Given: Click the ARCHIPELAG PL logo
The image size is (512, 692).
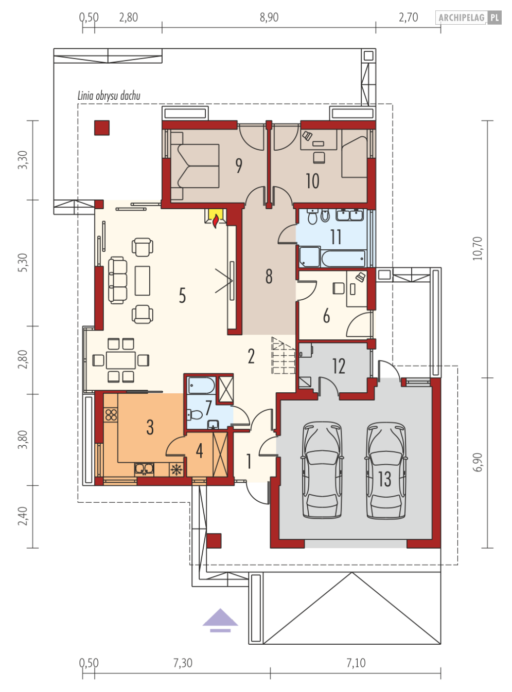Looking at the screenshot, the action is [468, 17].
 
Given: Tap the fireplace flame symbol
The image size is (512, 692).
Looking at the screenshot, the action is [216, 222].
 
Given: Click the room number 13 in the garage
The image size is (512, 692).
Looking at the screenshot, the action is [384, 479].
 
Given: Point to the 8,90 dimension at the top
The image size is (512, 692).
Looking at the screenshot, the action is [269, 17].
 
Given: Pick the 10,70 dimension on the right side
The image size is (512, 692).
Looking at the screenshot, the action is [477, 248].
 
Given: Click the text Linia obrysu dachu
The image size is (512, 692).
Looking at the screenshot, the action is [109, 96].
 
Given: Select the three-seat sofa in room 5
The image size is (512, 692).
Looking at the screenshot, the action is [117, 280].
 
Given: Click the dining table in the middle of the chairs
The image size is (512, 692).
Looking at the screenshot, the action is [121, 360].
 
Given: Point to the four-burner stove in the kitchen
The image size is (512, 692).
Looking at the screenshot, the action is [111, 415].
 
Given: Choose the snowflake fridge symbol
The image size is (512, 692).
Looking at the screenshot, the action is [176, 469].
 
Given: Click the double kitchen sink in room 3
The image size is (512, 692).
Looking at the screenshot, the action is [144, 469].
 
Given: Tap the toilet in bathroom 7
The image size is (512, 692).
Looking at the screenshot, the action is [195, 415].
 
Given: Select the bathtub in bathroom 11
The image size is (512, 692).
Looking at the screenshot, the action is [343, 258].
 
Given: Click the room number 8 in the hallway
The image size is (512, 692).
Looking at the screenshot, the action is [269, 276].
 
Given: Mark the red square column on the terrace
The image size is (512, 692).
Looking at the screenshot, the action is [102, 128].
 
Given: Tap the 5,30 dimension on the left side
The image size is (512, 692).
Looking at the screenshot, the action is [23, 263].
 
